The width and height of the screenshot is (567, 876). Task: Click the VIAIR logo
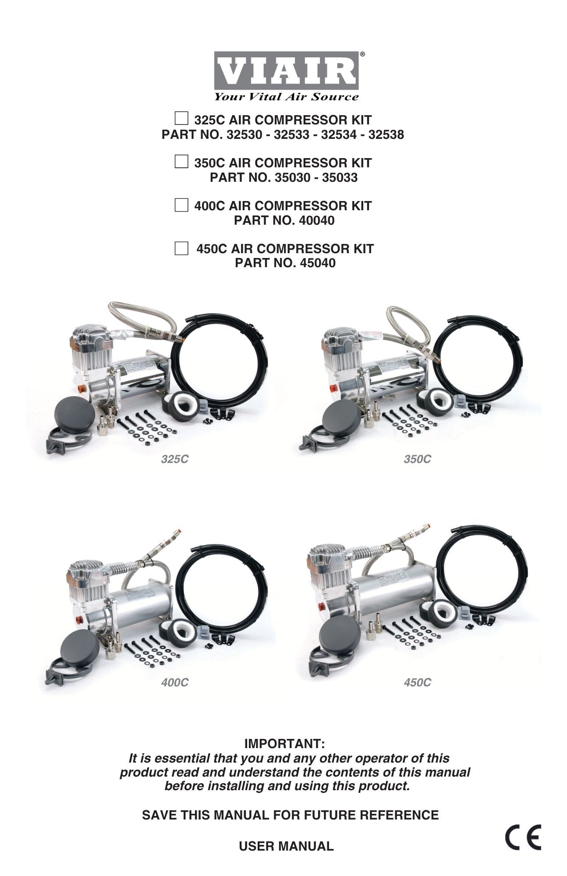tap(286, 71)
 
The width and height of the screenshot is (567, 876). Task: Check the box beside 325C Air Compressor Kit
tap(181, 119)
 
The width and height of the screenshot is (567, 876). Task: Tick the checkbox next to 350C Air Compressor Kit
tap(181, 162)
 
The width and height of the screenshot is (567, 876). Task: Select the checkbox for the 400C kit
tap(181, 205)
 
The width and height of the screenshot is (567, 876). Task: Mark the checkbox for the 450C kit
tap(181, 248)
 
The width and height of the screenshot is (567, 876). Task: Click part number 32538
tap(386, 134)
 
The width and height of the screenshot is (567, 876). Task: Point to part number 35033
tap(340, 177)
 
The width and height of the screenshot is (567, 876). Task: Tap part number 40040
tap(316, 220)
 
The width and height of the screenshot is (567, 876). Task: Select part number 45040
tap(318, 263)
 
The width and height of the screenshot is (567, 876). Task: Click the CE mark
tap(523, 837)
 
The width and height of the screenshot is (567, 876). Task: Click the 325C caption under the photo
tap(174, 459)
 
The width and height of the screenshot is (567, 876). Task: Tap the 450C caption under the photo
tap(417, 682)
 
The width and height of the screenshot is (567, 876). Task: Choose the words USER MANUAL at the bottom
tap(286, 846)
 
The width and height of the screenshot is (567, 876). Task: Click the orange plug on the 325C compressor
tap(81, 388)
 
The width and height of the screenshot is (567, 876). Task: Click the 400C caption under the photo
tap(174, 682)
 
